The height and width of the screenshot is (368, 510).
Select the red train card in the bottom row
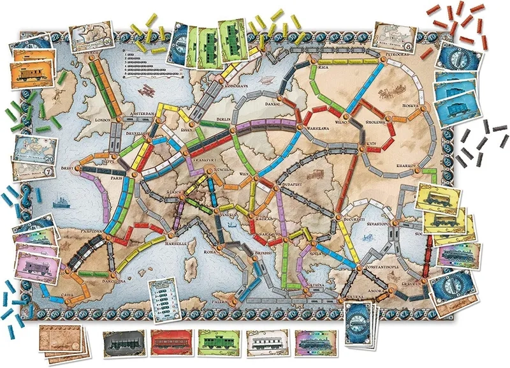[170, 342]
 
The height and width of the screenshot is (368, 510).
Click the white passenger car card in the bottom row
[266, 342]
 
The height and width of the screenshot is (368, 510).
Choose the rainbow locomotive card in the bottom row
[314, 342]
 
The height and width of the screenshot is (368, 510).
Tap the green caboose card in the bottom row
[218, 342]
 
